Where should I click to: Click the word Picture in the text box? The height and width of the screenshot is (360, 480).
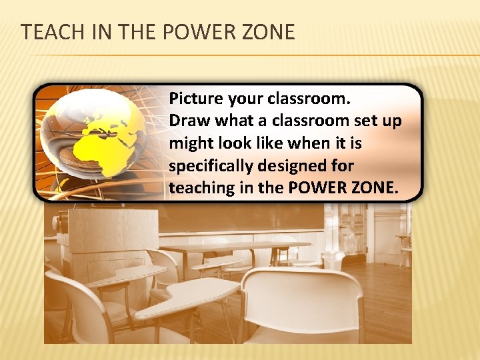[195, 99]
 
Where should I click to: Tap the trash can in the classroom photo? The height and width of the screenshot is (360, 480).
[331, 261]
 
